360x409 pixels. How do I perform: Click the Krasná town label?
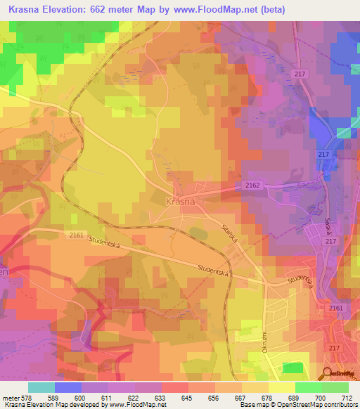[x=179, y=201]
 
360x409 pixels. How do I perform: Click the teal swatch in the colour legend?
[x=41, y=387]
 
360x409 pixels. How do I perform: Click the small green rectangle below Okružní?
[x=292, y=368]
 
